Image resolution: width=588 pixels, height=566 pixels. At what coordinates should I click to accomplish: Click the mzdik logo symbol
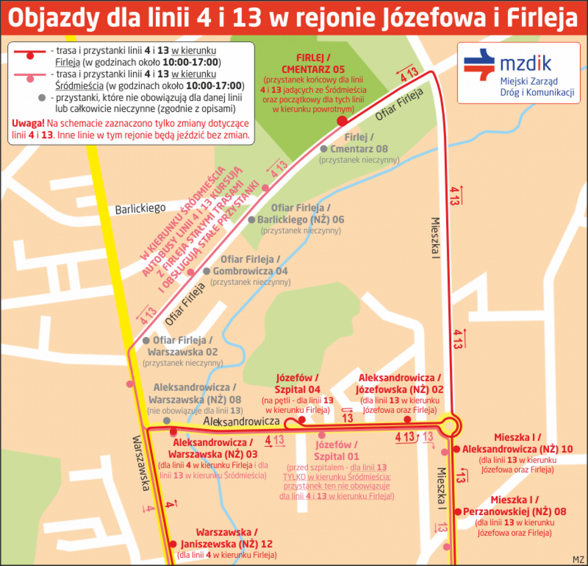(x=479, y=64)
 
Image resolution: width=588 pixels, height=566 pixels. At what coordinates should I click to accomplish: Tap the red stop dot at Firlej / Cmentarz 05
(x=341, y=121)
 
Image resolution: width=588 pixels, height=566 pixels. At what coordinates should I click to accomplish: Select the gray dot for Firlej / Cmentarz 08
(x=323, y=149)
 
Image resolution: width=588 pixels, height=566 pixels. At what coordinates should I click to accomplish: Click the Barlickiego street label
(x=140, y=208)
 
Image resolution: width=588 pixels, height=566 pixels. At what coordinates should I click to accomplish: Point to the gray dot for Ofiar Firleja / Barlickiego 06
(x=251, y=220)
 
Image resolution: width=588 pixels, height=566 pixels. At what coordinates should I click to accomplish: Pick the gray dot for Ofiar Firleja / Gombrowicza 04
(x=206, y=271)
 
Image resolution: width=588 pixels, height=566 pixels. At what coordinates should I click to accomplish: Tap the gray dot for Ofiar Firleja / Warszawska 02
(x=146, y=341)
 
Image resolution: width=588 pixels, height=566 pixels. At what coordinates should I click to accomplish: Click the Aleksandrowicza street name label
(x=241, y=421)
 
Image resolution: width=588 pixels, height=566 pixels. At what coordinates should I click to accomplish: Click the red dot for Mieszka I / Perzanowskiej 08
(x=458, y=512)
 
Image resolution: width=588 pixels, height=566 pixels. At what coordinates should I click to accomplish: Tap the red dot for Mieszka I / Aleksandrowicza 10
(x=456, y=449)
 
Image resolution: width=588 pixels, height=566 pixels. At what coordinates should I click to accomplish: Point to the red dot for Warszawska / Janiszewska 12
(x=173, y=544)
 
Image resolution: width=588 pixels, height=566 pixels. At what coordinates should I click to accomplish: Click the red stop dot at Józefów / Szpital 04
(x=302, y=420)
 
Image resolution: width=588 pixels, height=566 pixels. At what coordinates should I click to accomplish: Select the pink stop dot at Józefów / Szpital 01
(x=322, y=435)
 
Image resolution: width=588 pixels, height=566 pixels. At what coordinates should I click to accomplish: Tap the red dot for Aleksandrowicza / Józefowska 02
(x=407, y=419)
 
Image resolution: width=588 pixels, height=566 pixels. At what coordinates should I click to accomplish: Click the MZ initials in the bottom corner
(x=578, y=559)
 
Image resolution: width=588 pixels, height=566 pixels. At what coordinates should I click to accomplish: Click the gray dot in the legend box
(x=42, y=98)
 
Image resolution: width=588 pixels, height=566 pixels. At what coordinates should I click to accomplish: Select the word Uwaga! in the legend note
(x=28, y=123)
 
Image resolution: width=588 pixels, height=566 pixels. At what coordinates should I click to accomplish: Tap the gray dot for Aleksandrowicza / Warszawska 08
(x=167, y=421)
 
